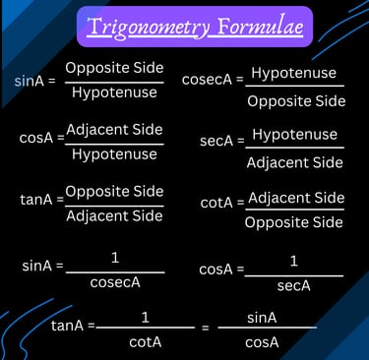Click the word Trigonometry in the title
[x=149, y=27]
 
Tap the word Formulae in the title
[x=255, y=27]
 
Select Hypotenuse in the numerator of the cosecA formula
[x=293, y=73]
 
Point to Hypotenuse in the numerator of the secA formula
[x=294, y=135]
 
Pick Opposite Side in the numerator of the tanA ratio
[x=114, y=191]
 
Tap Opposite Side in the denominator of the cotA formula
[x=295, y=222]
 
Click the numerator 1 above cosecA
[x=115, y=258]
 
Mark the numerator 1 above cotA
[x=146, y=317]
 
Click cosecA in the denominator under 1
[x=115, y=283]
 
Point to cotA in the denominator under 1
[x=145, y=342]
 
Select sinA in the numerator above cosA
[x=262, y=317]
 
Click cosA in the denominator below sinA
[x=262, y=342]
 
